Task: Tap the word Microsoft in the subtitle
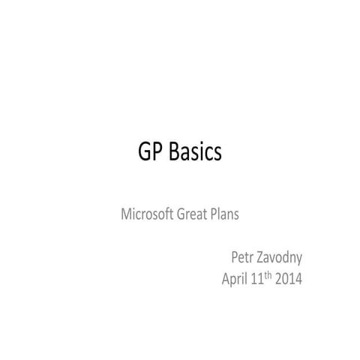pos(147,214)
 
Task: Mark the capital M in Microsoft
pos(127,214)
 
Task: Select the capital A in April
pos(226,280)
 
